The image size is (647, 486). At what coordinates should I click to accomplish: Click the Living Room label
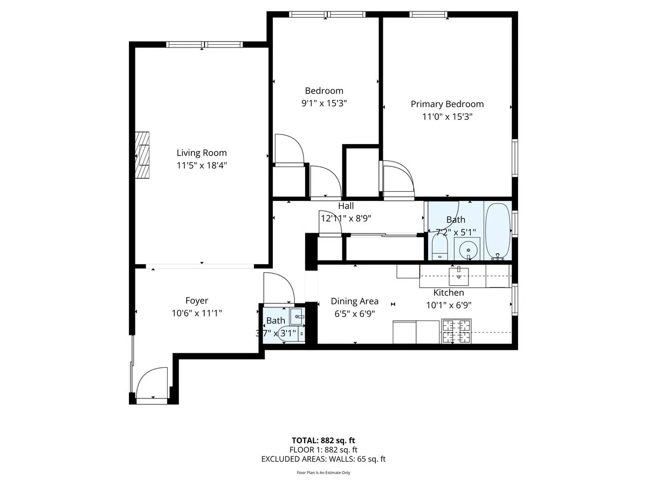(202, 153)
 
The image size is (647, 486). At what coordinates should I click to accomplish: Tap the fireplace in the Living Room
(143, 154)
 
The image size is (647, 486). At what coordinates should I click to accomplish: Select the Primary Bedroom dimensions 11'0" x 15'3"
(447, 117)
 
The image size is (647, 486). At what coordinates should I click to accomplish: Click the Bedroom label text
(323, 91)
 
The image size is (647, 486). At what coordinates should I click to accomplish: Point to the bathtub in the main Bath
(498, 231)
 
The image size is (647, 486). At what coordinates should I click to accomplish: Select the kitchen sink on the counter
(459, 275)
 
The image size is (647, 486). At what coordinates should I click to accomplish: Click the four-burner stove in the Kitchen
(456, 331)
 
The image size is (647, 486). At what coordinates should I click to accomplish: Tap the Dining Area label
(354, 301)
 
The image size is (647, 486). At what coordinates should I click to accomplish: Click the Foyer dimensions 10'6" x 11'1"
(196, 313)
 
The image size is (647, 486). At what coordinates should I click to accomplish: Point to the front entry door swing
(152, 383)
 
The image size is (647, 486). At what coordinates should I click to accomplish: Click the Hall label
(346, 206)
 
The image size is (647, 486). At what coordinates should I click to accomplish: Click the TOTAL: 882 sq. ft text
(323, 440)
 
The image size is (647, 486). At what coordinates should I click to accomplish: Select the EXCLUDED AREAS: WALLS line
(323, 459)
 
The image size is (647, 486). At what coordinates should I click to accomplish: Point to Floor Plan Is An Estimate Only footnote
(323, 473)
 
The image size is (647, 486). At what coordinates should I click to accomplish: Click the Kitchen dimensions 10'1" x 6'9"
(449, 305)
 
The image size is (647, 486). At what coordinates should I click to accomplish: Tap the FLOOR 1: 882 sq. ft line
(323, 449)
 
